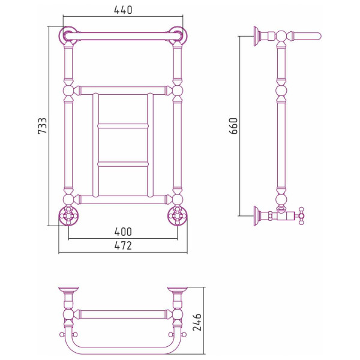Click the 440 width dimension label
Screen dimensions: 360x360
pyautogui.click(x=123, y=10)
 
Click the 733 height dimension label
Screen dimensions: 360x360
pyautogui.click(x=42, y=125)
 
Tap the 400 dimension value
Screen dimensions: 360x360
pyautogui.click(x=123, y=232)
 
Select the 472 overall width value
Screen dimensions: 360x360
pyautogui.click(x=123, y=245)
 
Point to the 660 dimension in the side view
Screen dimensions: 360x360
pyautogui.click(x=233, y=125)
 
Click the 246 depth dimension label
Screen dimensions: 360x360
pyautogui.click(x=197, y=322)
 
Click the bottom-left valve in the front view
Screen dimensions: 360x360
pyautogui.click(x=68, y=216)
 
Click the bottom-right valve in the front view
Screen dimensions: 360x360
pyautogui.click(x=177, y=216)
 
